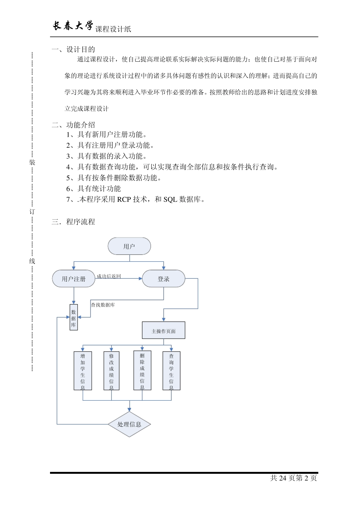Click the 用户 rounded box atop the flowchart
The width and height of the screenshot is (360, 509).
click(x=129, y=247)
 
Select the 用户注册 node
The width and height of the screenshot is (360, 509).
click(x=74, y=279)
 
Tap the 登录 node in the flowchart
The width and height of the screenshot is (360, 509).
click(x=163, y=279)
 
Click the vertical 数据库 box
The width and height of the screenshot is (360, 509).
click(x=74, y=317)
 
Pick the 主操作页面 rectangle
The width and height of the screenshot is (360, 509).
click(x=163, y=331)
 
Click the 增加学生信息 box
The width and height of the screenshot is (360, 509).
click(x=83, y=371)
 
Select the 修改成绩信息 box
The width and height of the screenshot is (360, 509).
click(x=111, y=371)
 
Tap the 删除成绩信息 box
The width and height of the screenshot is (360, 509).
click(x=142, y=370)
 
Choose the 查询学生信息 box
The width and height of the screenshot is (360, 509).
click(x=171, y=371)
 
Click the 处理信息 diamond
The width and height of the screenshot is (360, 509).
click(x=129, y=424)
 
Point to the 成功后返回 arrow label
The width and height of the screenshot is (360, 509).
click(x=108, y=276)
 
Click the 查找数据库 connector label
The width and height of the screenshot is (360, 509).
click(x=103, y=304)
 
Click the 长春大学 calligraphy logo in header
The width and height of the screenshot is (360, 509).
click(x=72, y=26)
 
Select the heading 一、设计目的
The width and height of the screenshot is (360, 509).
click(x=74, y=49)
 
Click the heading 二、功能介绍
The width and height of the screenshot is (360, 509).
click(x=74, y=125)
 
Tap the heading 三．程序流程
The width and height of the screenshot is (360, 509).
click(x=74, y=222)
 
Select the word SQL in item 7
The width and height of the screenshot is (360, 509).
click(x=170, y=199)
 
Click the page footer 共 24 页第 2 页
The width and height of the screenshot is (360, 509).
click(x=293, y=478)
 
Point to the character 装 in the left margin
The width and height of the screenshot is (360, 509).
click(x=32, y=162)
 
